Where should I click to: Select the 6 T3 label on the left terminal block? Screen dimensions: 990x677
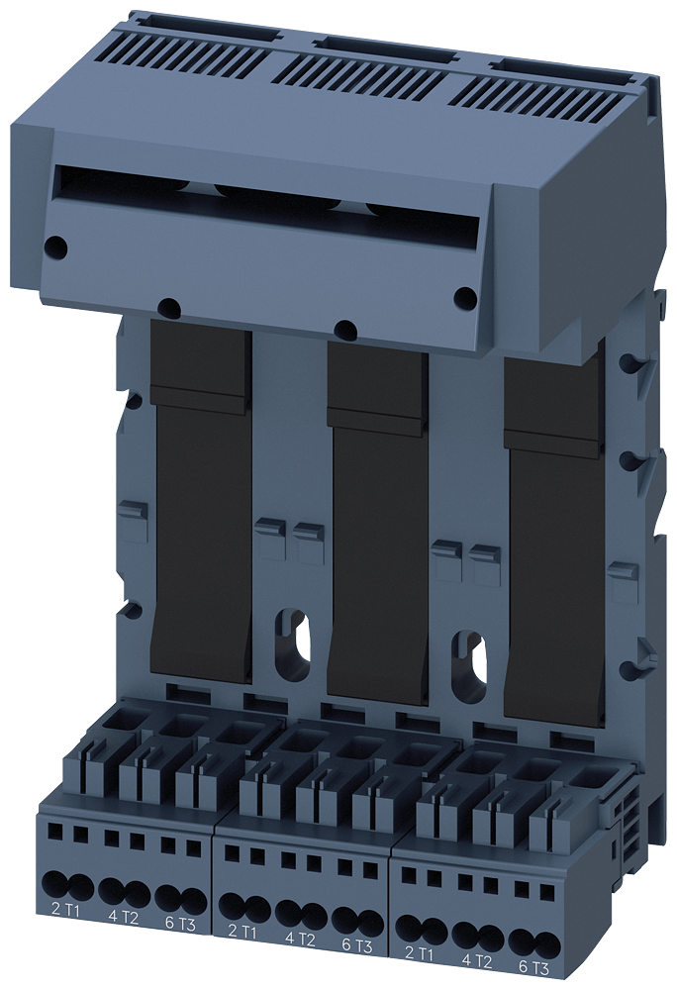pos(180,922)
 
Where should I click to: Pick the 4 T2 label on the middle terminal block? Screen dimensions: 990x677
pos(301,938)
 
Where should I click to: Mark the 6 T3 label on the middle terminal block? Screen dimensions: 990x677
pos(358,945)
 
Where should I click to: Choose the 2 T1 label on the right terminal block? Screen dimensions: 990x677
pos(421,952)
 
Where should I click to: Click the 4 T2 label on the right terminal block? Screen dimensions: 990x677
pos(478,960)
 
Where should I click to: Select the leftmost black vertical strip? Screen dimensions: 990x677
pos(201,495)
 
